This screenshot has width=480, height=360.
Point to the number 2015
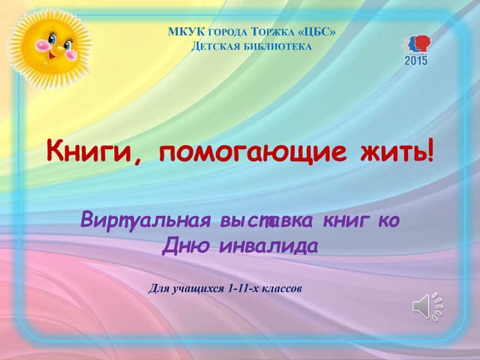click(x=416, y=59)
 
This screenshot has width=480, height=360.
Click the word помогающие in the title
click(x=254, y=152)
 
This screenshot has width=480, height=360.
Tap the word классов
click(x=280, y=288)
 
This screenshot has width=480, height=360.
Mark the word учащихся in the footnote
click(x=196, y=288)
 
